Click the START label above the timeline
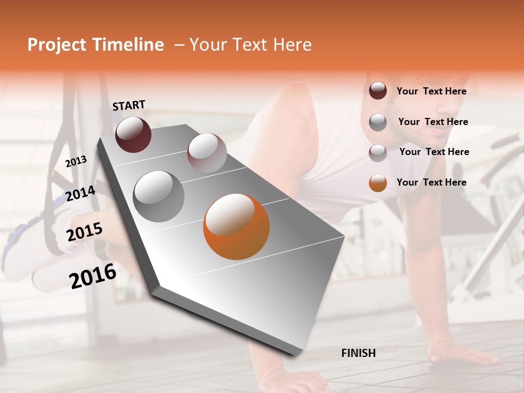(x=129, y=105)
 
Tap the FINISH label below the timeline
(x=358, y=353)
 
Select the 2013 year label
(x=76, y=161)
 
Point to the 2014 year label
(x=80, y=194)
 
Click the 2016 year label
(x=93, y=276)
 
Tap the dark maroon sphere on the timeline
(x=133, y=135)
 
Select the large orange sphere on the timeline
(x=236, y=227)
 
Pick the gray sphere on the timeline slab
(x=159, y=196)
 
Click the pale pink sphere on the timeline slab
(x=207, y=153)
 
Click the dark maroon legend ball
(x=378, y=91)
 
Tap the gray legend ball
(x=378, y=122)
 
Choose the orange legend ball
(x=378, y=183)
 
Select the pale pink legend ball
(x=378, y=153)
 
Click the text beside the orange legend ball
(x=431, y=182)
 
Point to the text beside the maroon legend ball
(x=431, y=91)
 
